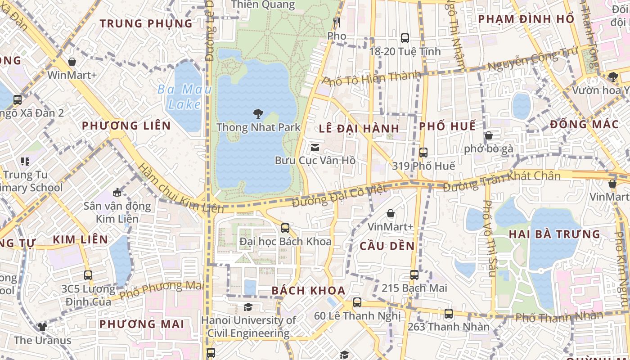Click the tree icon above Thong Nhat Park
[x=258, y=113]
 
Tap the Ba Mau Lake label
[x=184, y=97]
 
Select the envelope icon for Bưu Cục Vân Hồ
[x=315, y=147]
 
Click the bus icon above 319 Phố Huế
[x=423, y=153]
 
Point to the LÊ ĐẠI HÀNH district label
[x=359, y=128]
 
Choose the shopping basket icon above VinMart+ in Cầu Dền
[x=391, y=213]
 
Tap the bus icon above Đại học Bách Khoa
[x=285, y=228]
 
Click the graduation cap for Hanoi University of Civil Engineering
[x=248, y=307]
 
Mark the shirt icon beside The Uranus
[x=42, y=327]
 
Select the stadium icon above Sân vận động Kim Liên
[x=117, y=193]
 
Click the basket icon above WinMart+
[x=72, y=62]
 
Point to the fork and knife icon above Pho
[x=337, y=22]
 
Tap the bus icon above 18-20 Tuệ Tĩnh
[x=405, y=38]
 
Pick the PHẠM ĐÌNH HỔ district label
[x=526, y=19]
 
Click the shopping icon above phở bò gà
[x=489, y=135]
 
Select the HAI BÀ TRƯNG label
[x=554, y=234]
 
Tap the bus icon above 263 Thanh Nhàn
[x=449, y=314]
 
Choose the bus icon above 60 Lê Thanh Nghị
[x=357, y=302]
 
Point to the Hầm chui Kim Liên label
[x=180, y=189]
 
